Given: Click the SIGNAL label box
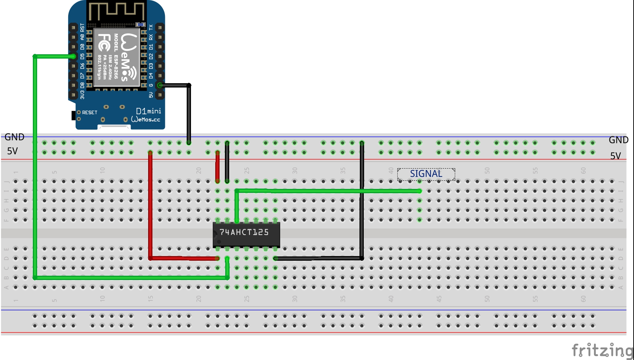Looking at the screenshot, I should pyautogui.click(x=426, y=174).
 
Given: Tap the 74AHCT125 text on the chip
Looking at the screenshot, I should pyautogui.click(x=244, y=232).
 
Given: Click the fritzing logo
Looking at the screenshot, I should pyautogui.click(x=602, y=350).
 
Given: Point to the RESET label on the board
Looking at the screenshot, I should pyautogui.click(x=90, y=112).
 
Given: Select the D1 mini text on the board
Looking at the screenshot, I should pyautogui.click(x=149, y=111).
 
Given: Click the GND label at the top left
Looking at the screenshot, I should pyautogui.click(x=14, y=137).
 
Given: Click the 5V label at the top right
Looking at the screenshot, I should pyautogui.click(x=615, y=156).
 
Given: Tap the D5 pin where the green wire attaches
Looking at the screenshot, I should pyautogui.click(x=73, y=56).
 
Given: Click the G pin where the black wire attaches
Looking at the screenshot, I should pyautogui.click(x=160, y=85).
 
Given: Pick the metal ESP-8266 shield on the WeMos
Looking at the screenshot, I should pyautogui.click(x=116, y=58).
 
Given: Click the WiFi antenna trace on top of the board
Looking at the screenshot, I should pyautogui.click(x=116, y=11).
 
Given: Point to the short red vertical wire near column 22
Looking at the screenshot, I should pyautogui.click(x=217, y=167).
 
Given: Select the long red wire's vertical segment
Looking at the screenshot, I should pyautogui.click(x=150, y=205).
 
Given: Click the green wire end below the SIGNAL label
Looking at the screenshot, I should pyautogui.click(x=419, y=191).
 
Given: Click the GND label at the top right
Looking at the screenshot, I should pyautogui.click(x=618, y=140).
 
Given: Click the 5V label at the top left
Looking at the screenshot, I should pyautogui.click(x=12, y=151).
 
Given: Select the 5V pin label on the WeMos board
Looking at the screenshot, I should pyautogui.click(x=151, y=95).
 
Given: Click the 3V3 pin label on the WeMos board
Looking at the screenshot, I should pyautogui.click(x=82, y=95).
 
